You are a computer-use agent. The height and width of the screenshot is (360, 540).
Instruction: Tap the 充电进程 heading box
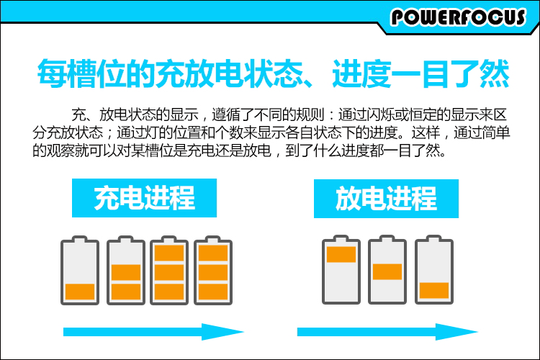144,197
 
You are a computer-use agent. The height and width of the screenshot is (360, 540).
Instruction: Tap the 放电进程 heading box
386,197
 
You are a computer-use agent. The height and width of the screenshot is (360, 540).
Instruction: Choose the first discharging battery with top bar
341,269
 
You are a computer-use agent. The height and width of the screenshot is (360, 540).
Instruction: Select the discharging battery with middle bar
387,269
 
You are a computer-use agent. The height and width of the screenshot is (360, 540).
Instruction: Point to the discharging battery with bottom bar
434,269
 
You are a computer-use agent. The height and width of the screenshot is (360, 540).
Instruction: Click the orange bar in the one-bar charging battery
80,292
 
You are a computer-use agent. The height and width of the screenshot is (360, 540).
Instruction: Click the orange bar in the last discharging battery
434,289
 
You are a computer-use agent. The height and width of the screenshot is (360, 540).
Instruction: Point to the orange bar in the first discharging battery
341,254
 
